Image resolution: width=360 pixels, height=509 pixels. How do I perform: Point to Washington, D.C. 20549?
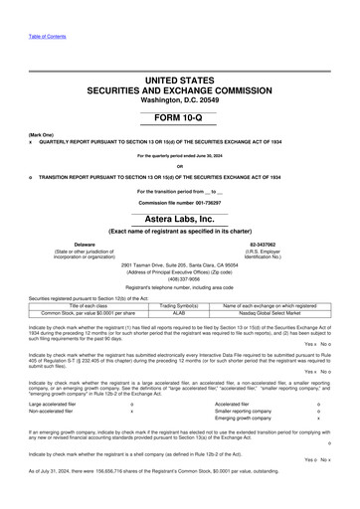pos(179,98)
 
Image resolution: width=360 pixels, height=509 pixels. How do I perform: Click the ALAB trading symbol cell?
pos(180,311)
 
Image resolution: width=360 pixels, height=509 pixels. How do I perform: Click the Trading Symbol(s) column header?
pos(180,303)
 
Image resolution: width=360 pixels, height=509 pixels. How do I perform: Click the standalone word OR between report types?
pos(179,165)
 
